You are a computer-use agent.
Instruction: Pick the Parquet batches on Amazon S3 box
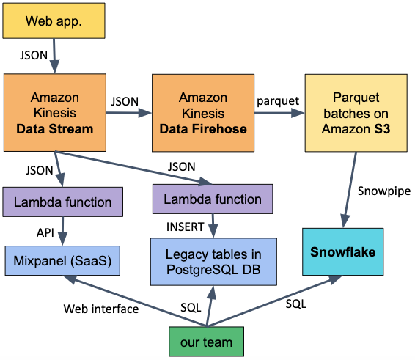pyautogui.click(x=349, y=113)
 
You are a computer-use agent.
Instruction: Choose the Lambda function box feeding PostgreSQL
pyautogui.click(x=212, y=199)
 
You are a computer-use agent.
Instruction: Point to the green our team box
pyautogui.click(x=206, y=342)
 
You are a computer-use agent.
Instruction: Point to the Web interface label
pyautogui.click(x=101, y=309)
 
